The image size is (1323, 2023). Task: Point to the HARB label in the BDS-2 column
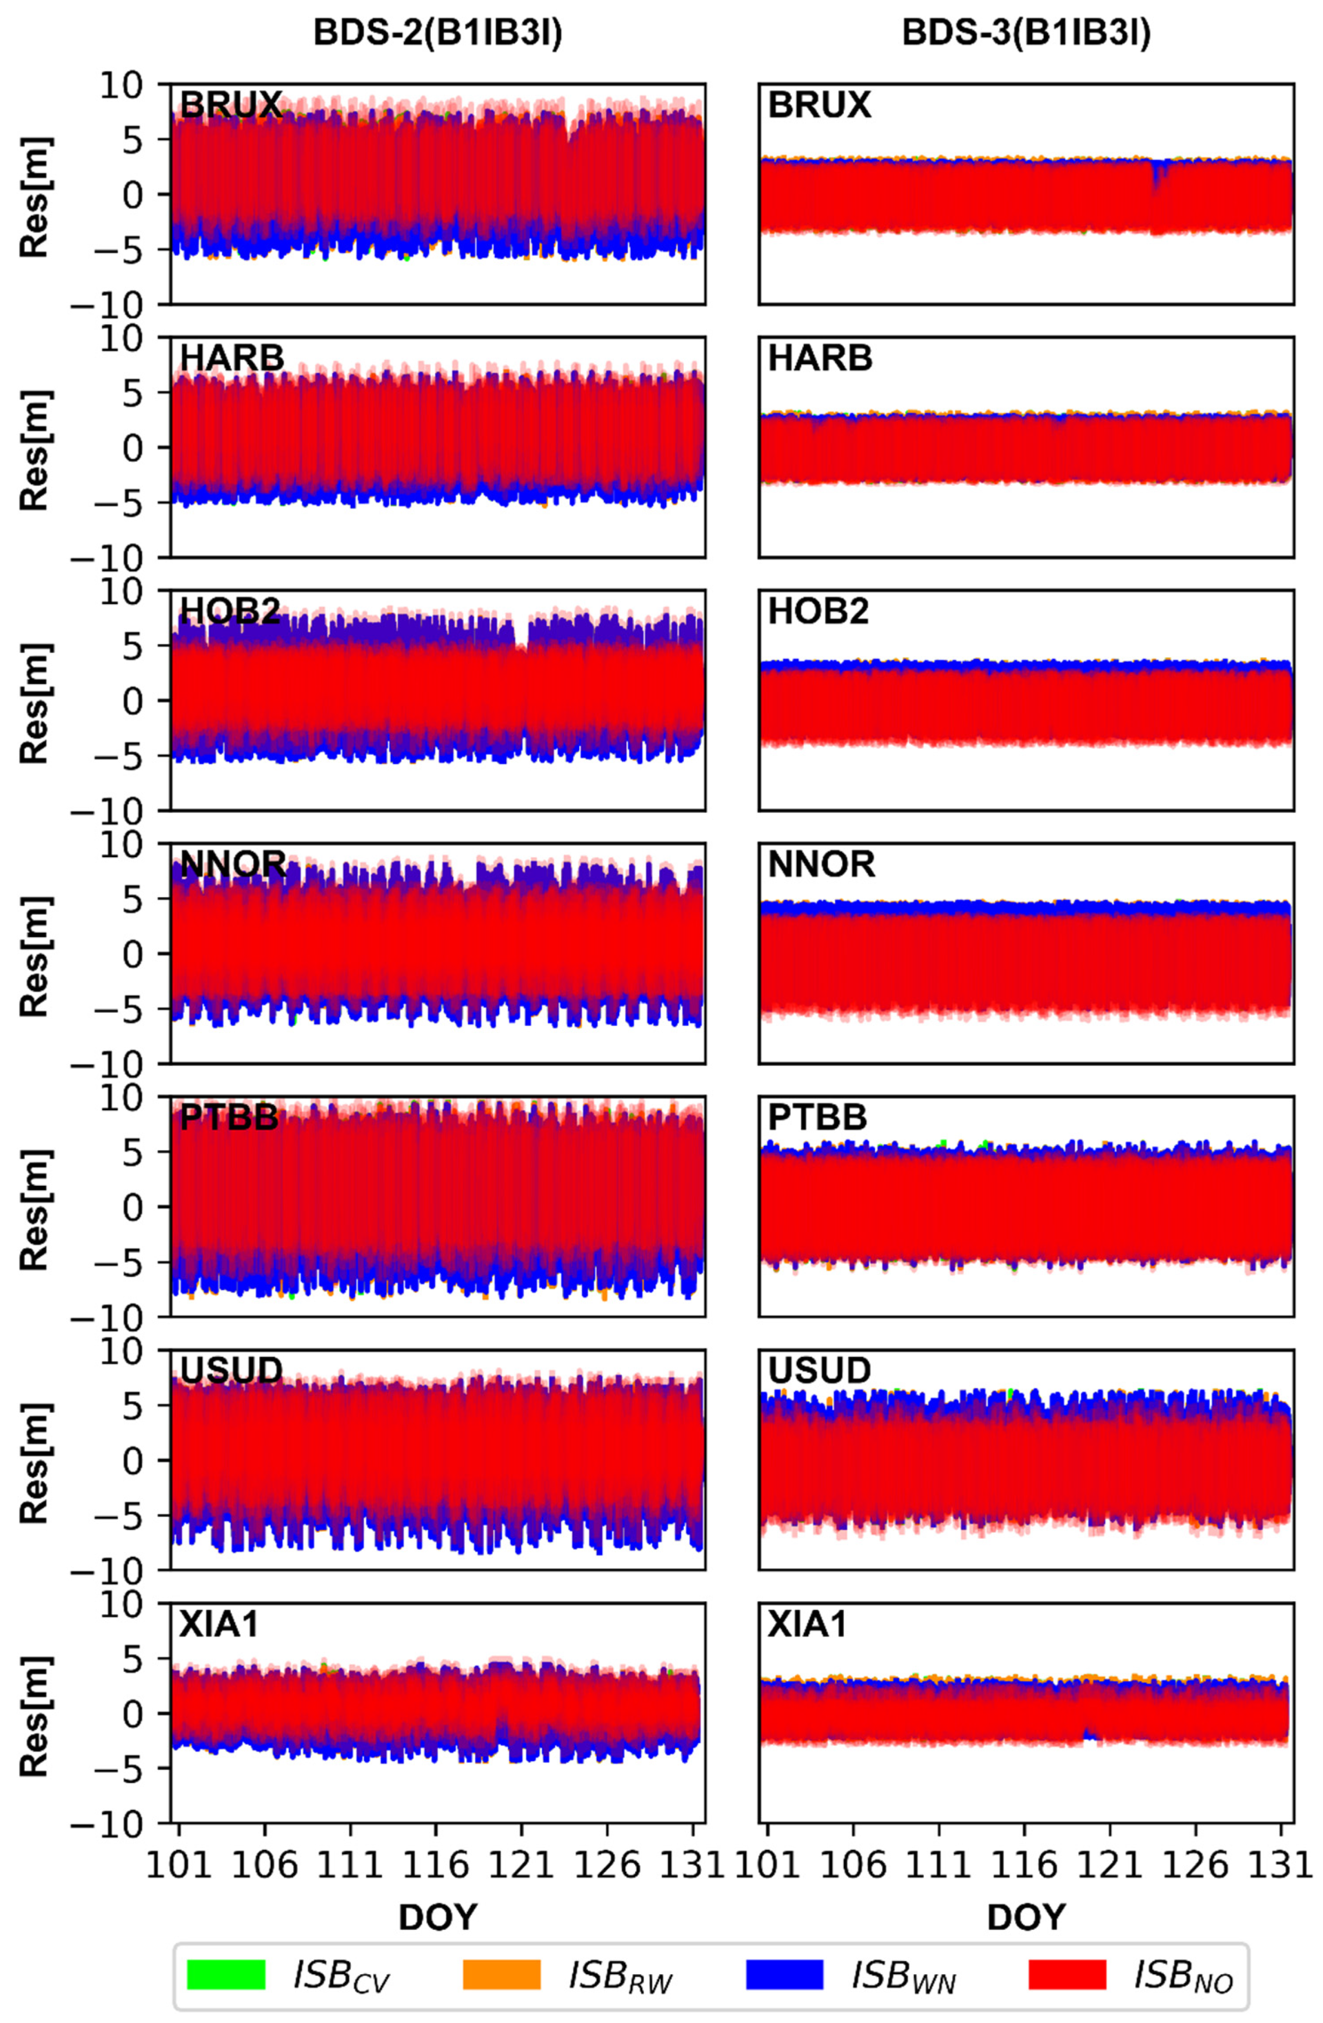click(232, 359)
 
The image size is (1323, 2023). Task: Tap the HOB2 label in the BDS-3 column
click(818, 612)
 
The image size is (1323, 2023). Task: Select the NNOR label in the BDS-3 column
click(821, 864)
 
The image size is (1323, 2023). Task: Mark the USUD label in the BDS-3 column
click(819, 1370)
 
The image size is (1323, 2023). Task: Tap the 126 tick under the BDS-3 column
click(1196, 1866)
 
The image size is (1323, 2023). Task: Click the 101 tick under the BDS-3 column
click(768, 1866)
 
